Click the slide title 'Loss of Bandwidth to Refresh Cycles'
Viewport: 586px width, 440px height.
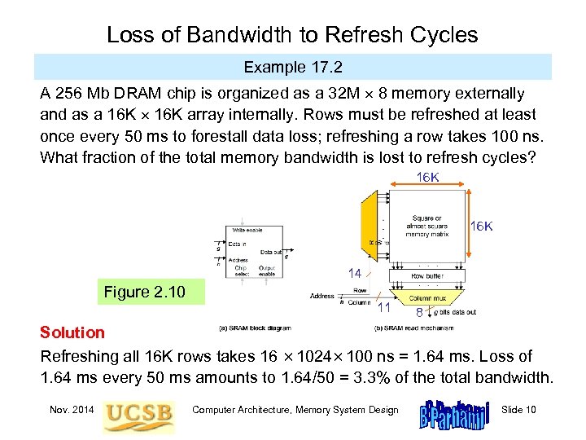(x=292, y=34)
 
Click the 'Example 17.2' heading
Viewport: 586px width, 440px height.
(x=292, y=66)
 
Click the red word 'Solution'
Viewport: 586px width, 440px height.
(x=72, y=332)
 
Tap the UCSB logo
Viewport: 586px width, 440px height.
(x=138, y=411)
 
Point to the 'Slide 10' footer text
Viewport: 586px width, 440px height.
(x=518, y=409)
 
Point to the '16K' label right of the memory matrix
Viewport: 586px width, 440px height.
(x=482, y=226)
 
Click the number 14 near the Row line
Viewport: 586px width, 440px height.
(x=354, y=274)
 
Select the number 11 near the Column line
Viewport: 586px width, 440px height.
(x=385, y=309)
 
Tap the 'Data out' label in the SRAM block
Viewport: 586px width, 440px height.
(x=271, y=253)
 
